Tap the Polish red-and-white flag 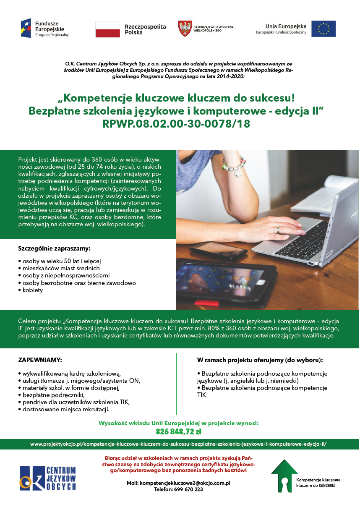click(x=108, y=29)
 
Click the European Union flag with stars click(x=323, y=29)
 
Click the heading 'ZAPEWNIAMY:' click(x=40, y=360)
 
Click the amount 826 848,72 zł click(x=178, y=431)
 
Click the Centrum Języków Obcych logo click(x=48, y=478)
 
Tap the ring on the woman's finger click(x=277, y=230)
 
